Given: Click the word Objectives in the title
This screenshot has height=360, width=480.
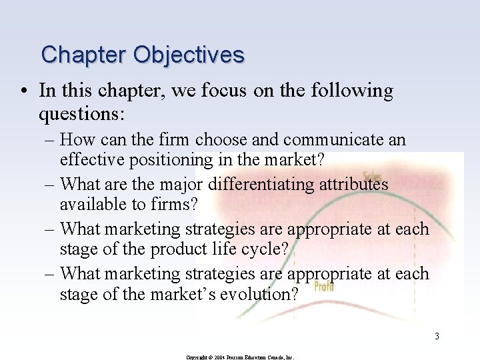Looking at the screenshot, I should click(189, 54).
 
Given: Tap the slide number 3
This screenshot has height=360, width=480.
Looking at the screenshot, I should click(437, 336).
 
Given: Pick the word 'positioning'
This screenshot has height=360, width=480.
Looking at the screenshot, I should click(175, 161).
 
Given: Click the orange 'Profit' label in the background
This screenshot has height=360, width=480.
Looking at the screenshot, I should click(323, 286).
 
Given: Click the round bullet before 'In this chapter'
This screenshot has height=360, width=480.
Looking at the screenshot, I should click(25, 91).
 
